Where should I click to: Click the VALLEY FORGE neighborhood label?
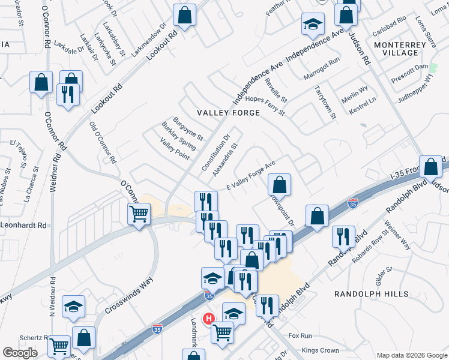coord(228,113)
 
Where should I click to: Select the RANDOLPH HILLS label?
coord(371,294)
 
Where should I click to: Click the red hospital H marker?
coord(208,318)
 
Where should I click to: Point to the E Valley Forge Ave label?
coord(250,176)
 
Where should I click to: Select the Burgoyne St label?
coord(188,128)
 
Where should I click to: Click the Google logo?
coord(20,353)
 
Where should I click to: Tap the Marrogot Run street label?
coord(321,65)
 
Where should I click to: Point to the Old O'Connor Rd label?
coord(101,142)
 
